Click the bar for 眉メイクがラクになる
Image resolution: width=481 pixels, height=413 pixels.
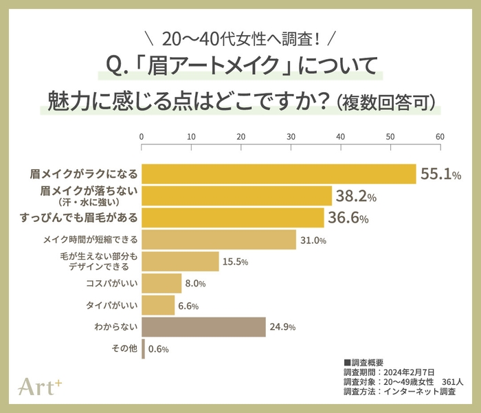click(278, 174)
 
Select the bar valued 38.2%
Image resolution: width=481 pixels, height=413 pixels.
click(236, 196)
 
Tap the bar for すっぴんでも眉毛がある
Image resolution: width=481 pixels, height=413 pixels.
click(232, 218)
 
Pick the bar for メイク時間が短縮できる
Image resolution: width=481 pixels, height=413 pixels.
click(219, 240)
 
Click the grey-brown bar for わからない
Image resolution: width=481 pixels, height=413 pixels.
click(203, 327)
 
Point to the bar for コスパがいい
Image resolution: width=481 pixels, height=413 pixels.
click(161, 283)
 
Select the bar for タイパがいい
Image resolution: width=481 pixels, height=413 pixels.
click(158, 305)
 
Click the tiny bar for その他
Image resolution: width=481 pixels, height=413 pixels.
click(143, 348)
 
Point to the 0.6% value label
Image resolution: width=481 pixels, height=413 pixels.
click(158, 349)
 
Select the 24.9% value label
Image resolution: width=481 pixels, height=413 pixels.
click(282, 327)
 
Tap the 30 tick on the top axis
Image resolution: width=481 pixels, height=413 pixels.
click(291, 137)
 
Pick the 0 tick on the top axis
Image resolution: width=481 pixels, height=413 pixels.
click(142, 137)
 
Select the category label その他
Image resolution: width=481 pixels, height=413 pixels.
click(124, 348)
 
